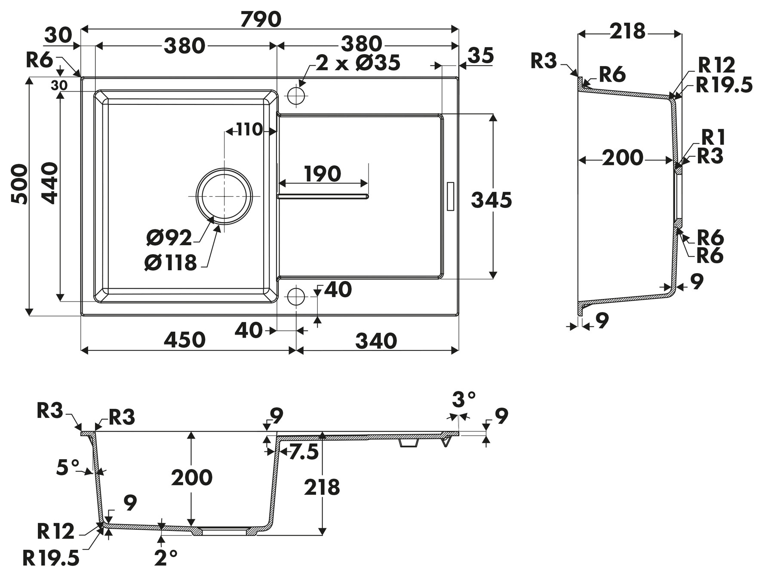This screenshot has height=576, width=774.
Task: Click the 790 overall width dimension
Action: (261, 19)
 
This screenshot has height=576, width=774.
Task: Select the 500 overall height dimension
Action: (19, 184)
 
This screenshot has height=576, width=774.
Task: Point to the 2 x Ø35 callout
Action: (358, 63)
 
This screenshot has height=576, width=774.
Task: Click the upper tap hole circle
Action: (296, 96)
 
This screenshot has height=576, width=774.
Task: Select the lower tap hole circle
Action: (296, 296)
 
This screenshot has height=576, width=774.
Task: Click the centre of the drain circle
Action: (224, 196)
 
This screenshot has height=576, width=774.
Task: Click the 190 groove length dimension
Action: (322, 174)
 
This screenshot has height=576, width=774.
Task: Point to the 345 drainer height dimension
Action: (491, 200)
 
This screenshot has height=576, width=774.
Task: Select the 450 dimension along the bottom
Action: (185, 340)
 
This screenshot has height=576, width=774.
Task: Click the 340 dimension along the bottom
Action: (376, 341)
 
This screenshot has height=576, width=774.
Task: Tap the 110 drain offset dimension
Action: (249, 129)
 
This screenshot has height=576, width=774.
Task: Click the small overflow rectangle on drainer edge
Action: (451, 196)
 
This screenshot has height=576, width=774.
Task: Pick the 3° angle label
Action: (464, 399)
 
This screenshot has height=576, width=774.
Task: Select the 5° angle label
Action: (68, 467)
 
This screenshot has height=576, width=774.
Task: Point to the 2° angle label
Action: (166, 558)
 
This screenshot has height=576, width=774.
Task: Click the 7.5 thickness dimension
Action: (304, 452)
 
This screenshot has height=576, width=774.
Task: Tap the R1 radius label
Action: (713, 138)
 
